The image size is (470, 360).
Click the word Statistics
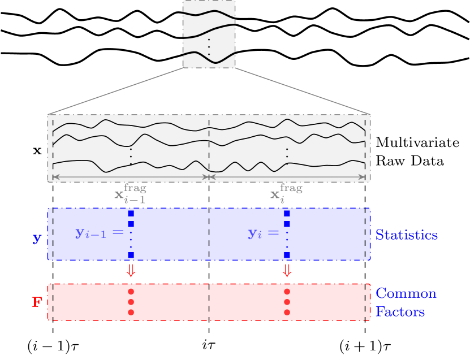pyautogui.click(x=406, y=235)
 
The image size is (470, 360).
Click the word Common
pyautogui.click(x=406, y=294)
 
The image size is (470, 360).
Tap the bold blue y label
pyautogui.click(x=37, y=238)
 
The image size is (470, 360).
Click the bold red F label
pyautogui.click(x=37, y=302)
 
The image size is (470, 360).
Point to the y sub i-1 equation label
pyautogui.click(x=99, y=232)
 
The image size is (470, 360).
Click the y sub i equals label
pyautogui.click(x=264, y=232)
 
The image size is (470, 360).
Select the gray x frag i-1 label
pyautogui.click(x=130, y=193)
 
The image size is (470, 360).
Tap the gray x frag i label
pyautogui.click(x=286, y=193)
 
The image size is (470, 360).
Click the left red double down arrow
pyautogui.click(x=131, y=271)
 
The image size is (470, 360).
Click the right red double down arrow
pyautogui.click(x=287, y=271)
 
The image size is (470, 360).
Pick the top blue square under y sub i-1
pyautogui.click(x=131, y=214)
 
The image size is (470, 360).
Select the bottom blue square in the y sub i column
pyautogui.click(x=287, y=255)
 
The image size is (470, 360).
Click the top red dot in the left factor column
pyautogui.click(x=131, y=292)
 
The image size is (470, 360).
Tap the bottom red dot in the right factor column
pyautogui.click(x=287, y=312)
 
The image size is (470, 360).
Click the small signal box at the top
pyautogui.click(x=209, y=34)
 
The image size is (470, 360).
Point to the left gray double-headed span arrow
pyautogui.click(x=131, y=177)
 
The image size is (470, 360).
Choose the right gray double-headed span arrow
pyautogui.click(x=287, y=177)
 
